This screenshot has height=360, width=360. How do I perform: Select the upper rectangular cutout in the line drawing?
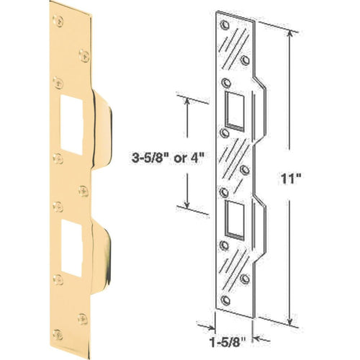pyautogui.click(x=235, y=110)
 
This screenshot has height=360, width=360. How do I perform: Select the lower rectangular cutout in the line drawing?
pyautogui.click(x=235, y=219)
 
